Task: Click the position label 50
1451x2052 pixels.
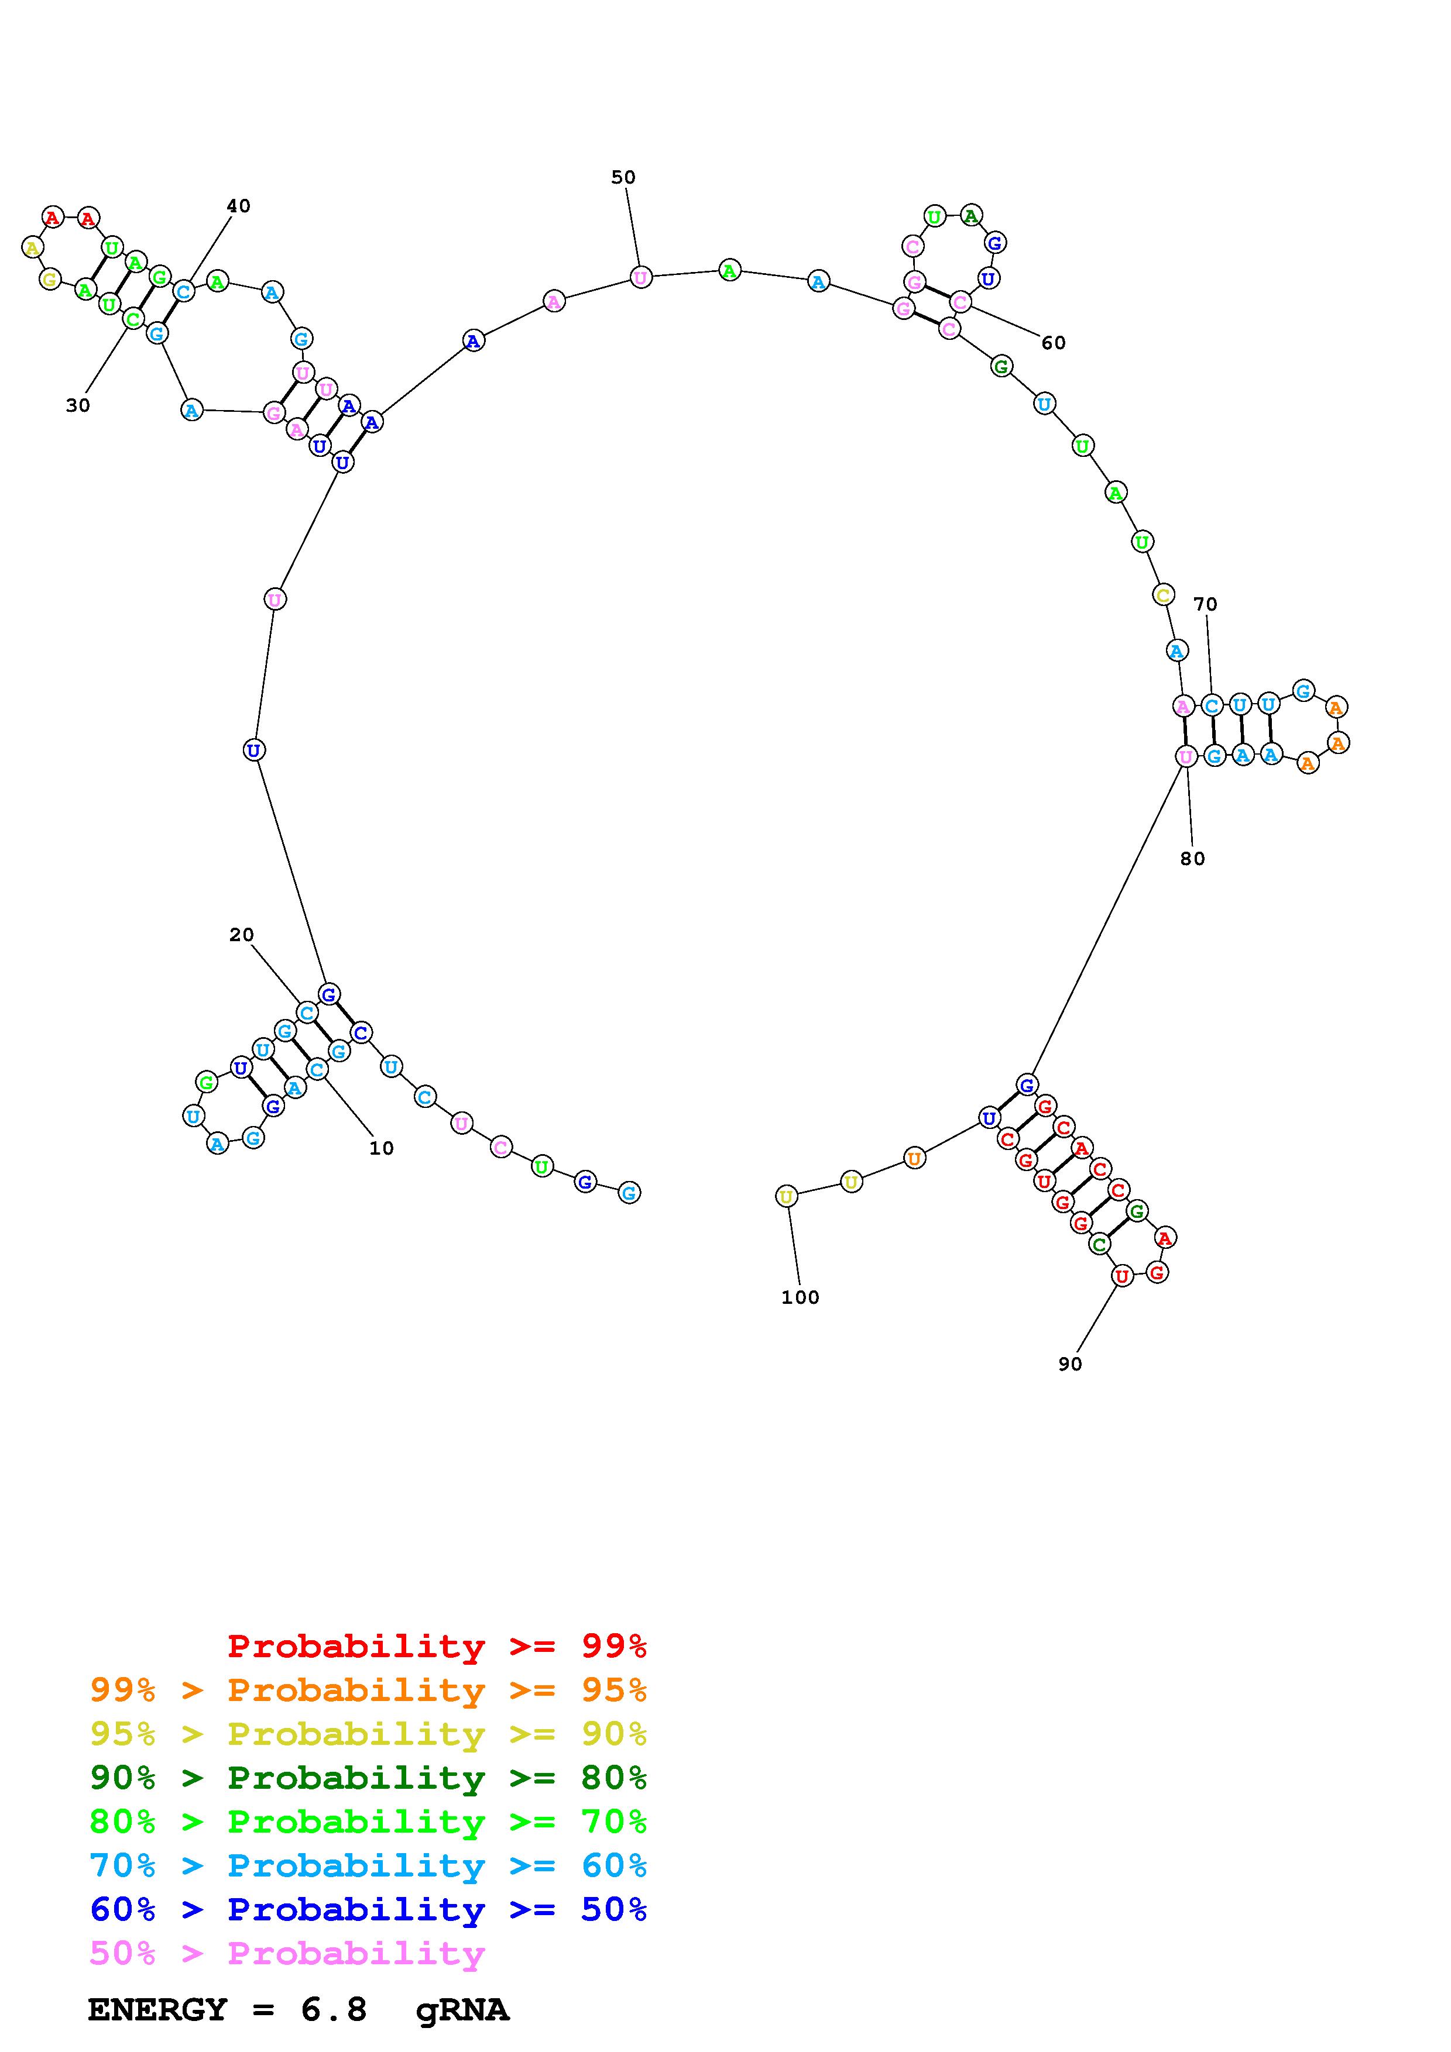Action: tap(623, 177)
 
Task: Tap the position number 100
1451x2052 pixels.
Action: tap(800, 1297)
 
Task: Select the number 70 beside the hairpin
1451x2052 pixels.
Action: tap(1205, 604)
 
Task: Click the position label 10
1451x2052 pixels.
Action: tap(382, 1148)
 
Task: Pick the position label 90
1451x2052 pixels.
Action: tap(1070, 1364)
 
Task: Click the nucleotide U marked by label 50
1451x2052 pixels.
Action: tap(641, 277)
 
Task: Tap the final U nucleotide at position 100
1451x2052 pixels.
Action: tap(786, 1196)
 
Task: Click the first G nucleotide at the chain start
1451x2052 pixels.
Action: tap(629, 1192)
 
